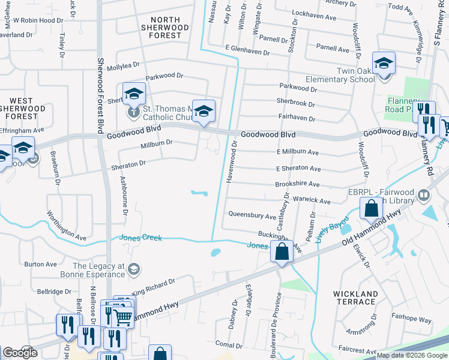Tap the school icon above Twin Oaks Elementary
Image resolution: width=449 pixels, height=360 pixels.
tap(384, 63)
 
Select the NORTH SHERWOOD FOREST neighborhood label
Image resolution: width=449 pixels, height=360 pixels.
tap(165, 28)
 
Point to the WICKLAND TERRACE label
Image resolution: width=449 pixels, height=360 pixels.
tap(355, 298)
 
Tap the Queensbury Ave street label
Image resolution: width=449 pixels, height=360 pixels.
tap(252, 215)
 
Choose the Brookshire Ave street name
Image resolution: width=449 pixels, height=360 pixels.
tap(297, 184)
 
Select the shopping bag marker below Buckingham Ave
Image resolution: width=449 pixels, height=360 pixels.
tap(282, 252)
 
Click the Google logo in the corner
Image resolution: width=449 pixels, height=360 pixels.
tap(20, 353)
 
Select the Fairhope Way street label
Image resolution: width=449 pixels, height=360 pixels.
tap(411, 319)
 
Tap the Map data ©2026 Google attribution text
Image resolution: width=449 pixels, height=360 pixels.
tap(411, 355)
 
